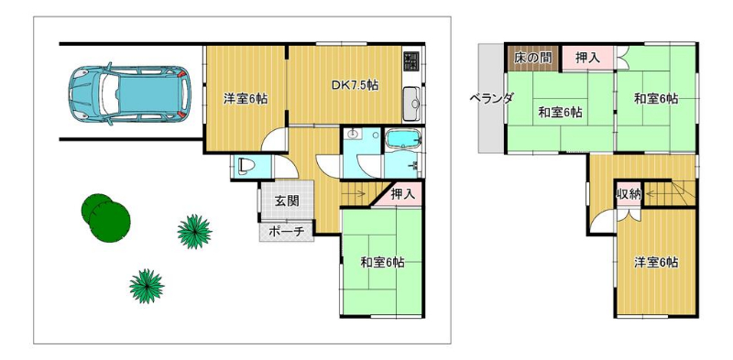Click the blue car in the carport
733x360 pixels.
(129, 93)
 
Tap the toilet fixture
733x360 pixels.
(245, 167)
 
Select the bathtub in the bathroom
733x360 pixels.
(403, 139)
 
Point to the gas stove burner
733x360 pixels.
(411, 59)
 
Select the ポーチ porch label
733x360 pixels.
(287, 232)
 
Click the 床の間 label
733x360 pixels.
(532, 58)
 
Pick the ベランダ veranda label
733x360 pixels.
(491, 98)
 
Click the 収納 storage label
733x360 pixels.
(629, 195)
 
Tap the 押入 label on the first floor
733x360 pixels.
(403, 194)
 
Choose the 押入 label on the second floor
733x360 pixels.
(587, 58)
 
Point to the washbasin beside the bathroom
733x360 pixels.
(352, 135)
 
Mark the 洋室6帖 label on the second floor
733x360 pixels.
(656, 262)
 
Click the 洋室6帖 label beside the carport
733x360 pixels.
(246, 99)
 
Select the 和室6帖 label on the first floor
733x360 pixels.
(382, 263)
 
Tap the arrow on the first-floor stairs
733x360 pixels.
(358, 193)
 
